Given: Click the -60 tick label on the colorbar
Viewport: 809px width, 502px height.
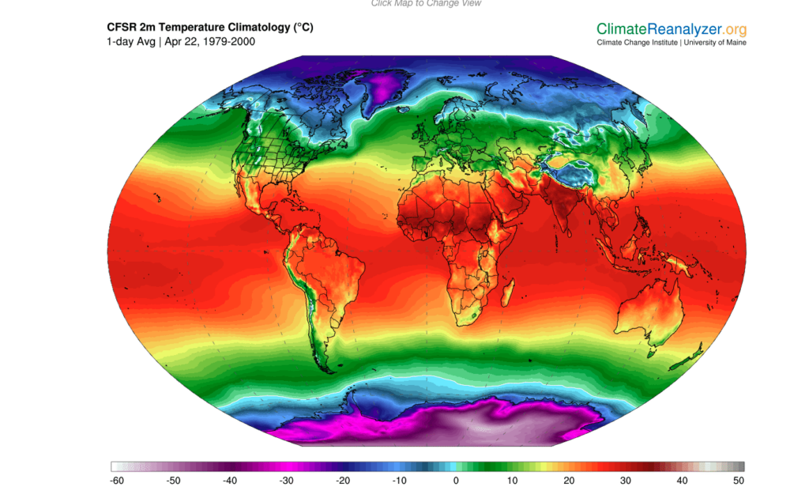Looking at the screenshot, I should pyautogui.click(x=117, y=480).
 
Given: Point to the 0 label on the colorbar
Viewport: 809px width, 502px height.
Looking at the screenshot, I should pyautogui.click(x=456, y=480).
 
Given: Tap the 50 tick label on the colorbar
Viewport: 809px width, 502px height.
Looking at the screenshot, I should pyautogui.click(x=738, y=480).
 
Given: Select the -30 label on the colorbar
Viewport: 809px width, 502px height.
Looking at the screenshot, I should pyautogui.click(x=287, y=480).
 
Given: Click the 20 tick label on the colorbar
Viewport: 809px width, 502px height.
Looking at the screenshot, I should pyautogui.click(x=569, y=480).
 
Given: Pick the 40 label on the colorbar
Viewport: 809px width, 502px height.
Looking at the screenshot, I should pyautogui.click(x=682, y=480).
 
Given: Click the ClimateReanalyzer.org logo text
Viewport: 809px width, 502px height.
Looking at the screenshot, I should pyautogui.click(x=671, y=28).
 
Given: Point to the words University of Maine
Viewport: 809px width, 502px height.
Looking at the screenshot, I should pyautogui.click(x=715, y=43).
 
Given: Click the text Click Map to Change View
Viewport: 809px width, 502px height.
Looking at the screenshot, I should pyautogui.click(x=426, y=3).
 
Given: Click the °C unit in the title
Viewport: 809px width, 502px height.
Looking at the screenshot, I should pyautogui.click(x=303, y=27).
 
